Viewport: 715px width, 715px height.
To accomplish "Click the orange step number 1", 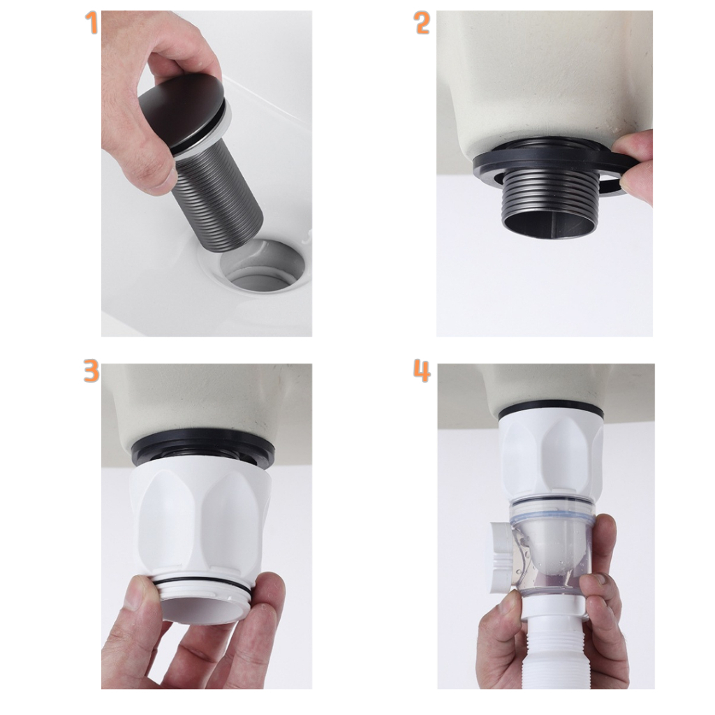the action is (91, 23).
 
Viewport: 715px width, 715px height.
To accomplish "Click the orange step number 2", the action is (422, 23).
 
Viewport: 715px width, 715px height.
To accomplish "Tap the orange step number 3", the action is (91, 370).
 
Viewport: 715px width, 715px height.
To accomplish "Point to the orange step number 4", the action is (422, 370).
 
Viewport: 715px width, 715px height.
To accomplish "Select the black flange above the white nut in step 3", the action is (203, 451).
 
